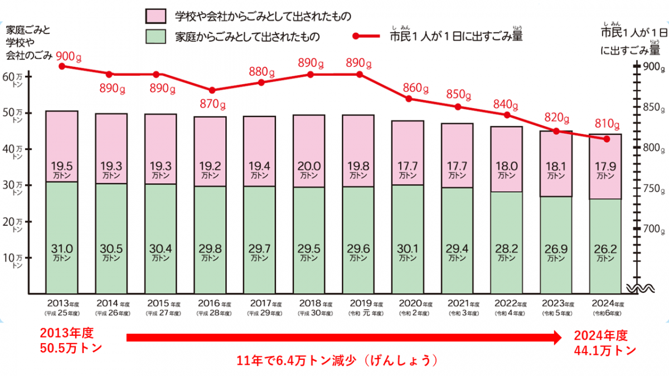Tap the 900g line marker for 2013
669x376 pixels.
coord(61,66)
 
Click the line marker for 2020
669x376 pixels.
coord(409,99)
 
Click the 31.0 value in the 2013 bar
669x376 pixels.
coord(61,249)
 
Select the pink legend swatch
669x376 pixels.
coord(157,16)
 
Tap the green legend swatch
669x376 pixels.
coord(157,37)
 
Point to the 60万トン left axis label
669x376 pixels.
coord(14,77)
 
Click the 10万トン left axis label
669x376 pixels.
coord(14,260)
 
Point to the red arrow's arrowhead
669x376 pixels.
coord(559,338)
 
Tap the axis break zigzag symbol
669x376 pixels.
coord(636,289)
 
